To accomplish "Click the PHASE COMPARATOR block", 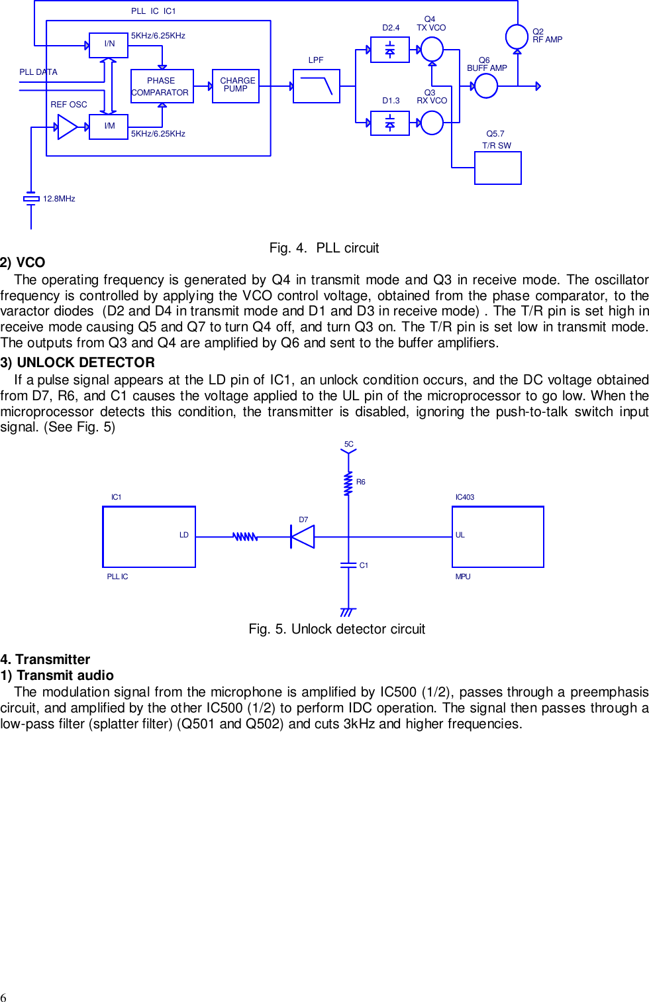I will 162,86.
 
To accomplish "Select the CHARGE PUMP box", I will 236,86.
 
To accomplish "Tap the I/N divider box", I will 109,45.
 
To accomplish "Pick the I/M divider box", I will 109,127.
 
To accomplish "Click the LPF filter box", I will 317,86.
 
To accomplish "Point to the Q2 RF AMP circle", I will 517,36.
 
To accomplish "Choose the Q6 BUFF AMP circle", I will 486,85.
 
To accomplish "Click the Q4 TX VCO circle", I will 432,49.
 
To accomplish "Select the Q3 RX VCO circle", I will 432,123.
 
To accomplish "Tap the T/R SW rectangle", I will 498,168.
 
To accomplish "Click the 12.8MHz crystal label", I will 59,199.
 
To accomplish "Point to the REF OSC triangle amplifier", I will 68,127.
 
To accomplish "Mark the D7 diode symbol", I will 303,536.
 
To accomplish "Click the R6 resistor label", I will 361,482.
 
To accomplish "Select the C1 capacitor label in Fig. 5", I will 364,565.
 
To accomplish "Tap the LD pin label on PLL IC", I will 184,535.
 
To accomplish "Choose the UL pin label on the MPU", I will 460,535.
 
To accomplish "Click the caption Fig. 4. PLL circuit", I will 324,248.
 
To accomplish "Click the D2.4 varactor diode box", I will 390,50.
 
